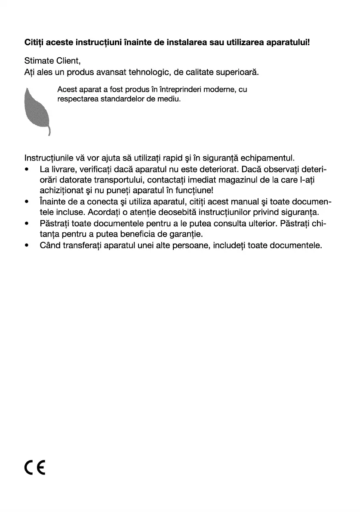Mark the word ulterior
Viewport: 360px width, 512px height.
pyautogui.click(x=258, y=224)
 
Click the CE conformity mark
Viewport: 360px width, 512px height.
pyautogui.click(x=35, y=467)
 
